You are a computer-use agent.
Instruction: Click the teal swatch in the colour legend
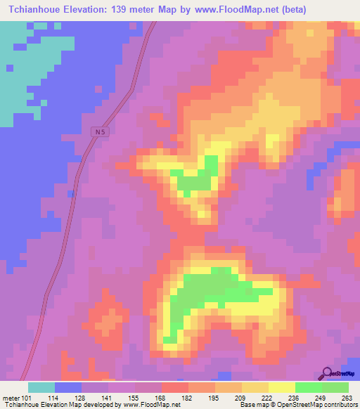click(x=41, y=387)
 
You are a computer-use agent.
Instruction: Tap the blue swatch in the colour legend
click(x=67, y=387)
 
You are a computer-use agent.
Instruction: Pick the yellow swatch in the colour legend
click(x=281, y=387)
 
